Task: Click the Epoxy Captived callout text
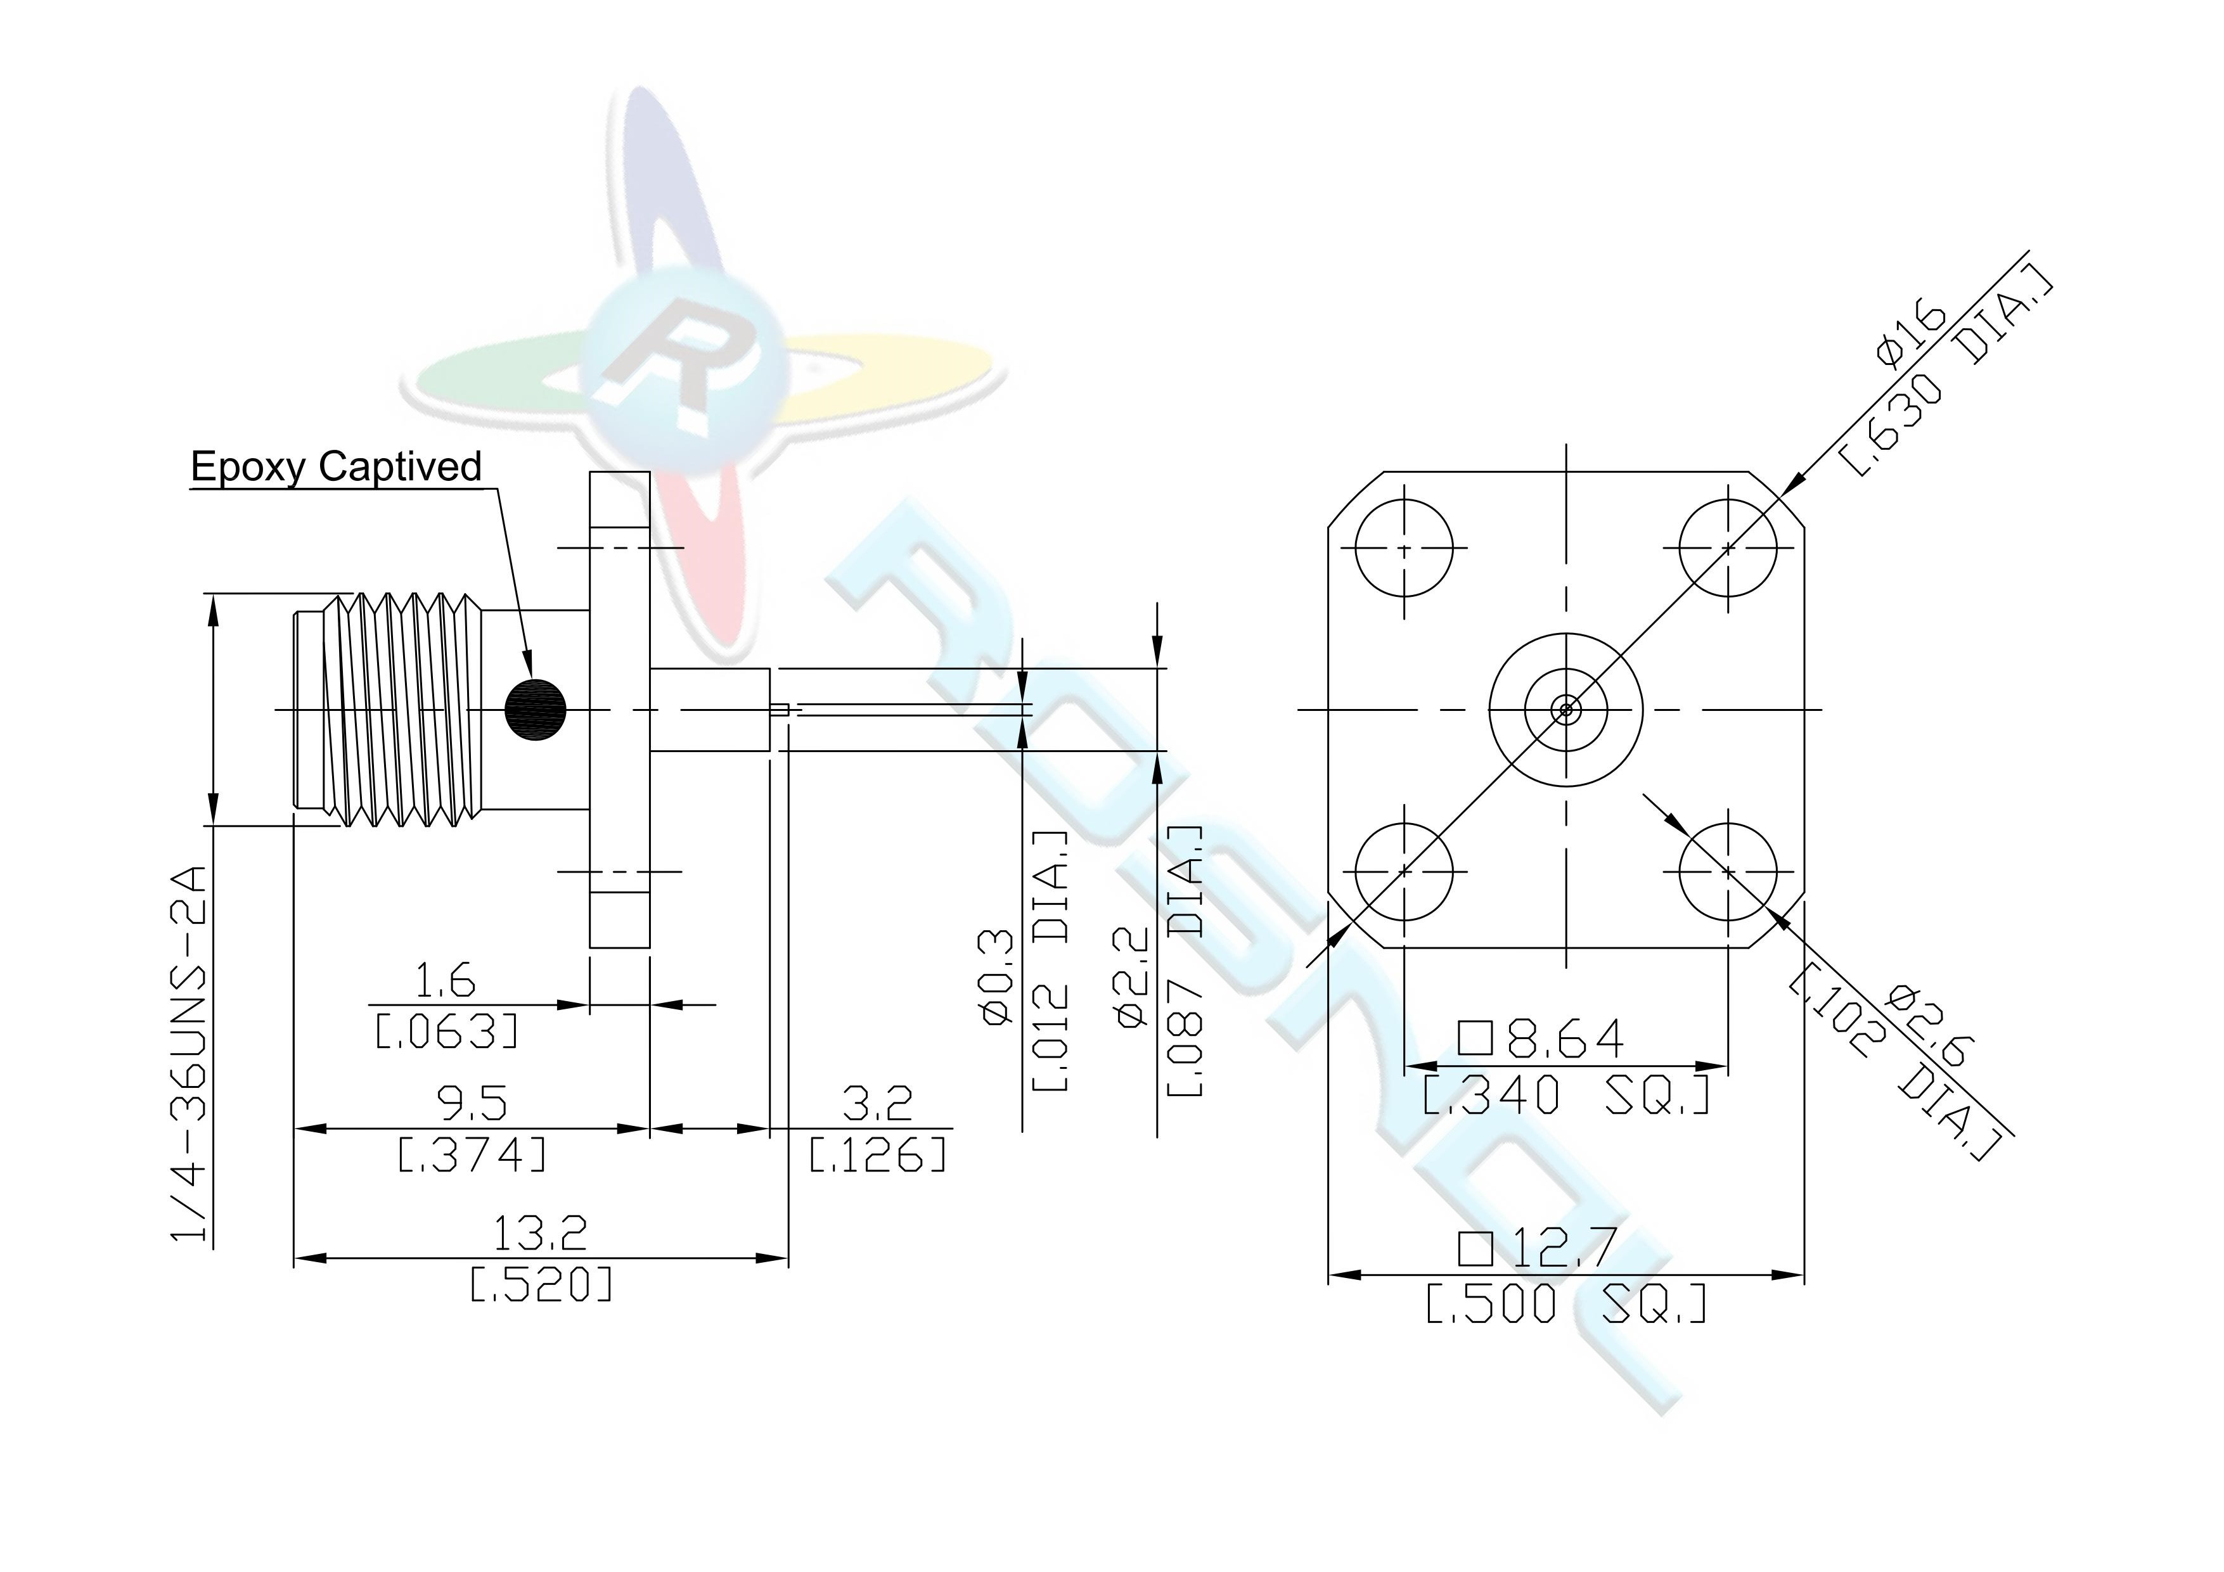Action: pyautogui.click(x=335, y=467)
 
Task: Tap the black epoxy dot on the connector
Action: pyautogui.click(x=536, y=710)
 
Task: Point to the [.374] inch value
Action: pyautogui.click(x=473, y=1154)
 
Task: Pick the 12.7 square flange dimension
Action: pyautogui.click(x=1537, y=1248)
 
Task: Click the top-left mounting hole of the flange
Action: pyautogui.click(x=1404, y=548)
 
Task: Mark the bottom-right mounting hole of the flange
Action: pyautogui.click(x=1729, y=872)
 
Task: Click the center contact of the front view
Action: pyautogui.click(x=1566, y=710)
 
